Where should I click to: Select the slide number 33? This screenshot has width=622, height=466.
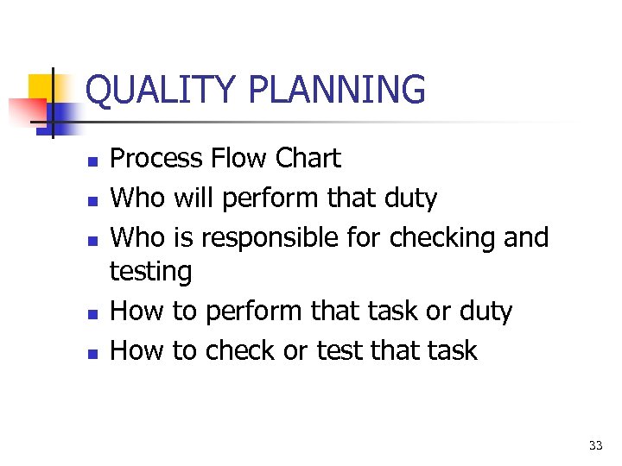pyautogui.click(x=595, y=445)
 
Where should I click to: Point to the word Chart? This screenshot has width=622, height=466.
pyautogui.click(x=308, y=159)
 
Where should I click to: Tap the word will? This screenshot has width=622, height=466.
pyautogui.click(x=194, y=198)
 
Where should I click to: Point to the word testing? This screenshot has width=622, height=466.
pyautogui.click(x=150, y=273)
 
